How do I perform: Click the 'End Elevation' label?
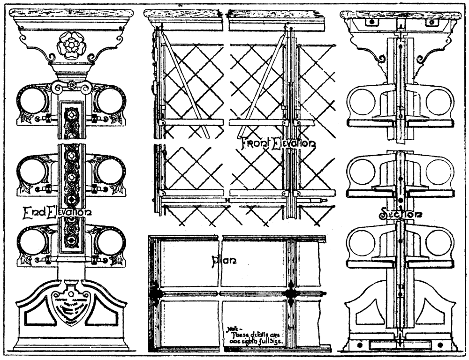[x=57, y=213]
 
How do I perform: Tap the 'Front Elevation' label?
[x=278, y=142]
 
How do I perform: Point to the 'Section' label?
[x=400, y=214]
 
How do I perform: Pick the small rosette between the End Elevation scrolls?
[x=71, y=85]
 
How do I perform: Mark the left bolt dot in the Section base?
[x=361, y=346]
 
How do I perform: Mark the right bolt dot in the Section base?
[x=441, y=346]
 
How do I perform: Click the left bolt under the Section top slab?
[x=371, y=22]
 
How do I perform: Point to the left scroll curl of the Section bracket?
[x=381, y=60]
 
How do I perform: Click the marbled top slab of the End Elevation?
[x=71, y=14]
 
